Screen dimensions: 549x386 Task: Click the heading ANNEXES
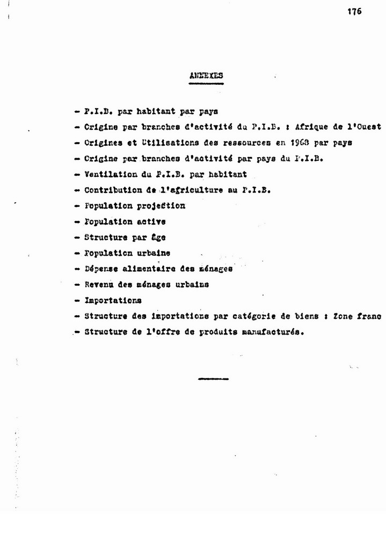pos(206,76)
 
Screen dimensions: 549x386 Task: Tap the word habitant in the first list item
pos(142,112)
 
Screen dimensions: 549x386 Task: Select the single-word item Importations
pos(113,300)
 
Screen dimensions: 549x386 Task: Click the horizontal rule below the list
pos(213,379)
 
